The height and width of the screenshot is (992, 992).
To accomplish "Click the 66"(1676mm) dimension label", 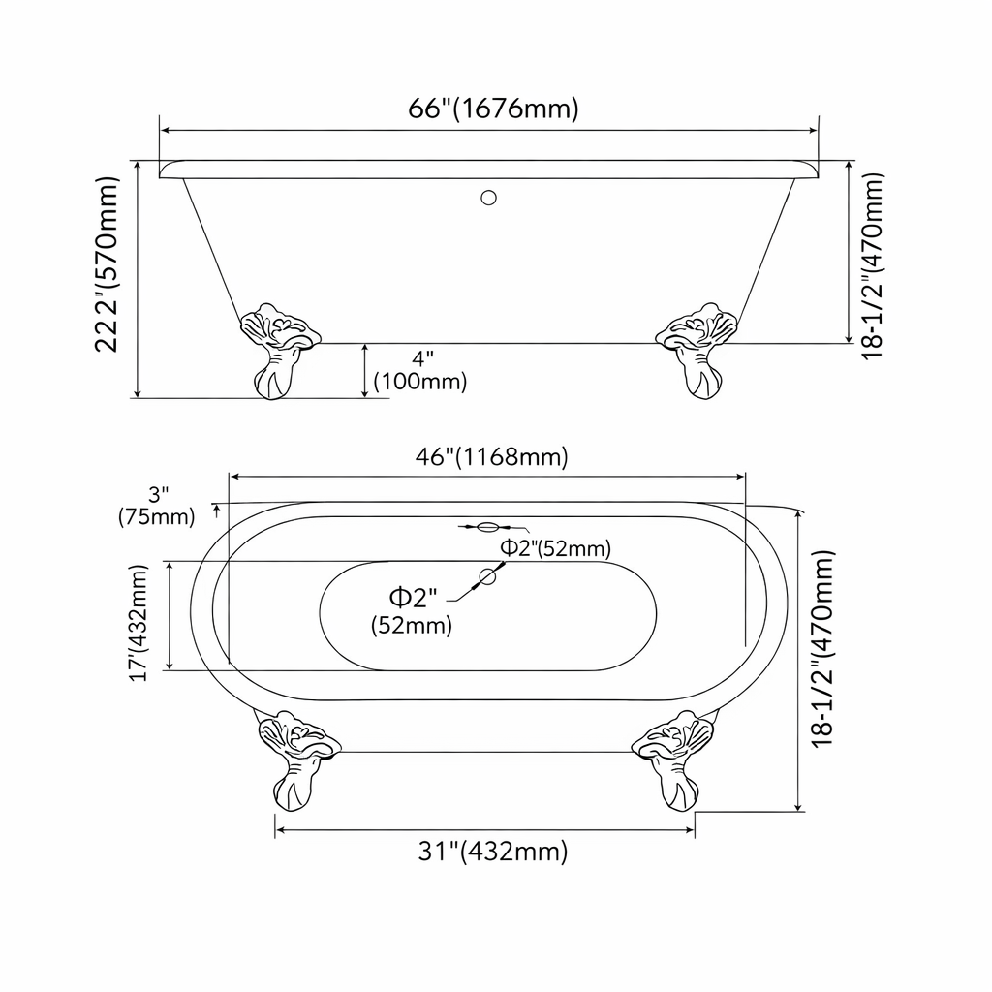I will (x=493, y=108).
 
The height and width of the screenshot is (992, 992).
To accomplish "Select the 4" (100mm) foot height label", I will (x=419, y=370).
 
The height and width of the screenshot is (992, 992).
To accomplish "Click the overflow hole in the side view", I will (x=489, y=200).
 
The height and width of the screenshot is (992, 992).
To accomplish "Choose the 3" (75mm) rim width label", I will (x=157, y=505).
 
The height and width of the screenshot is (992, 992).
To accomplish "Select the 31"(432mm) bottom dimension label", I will (x=492, y=852).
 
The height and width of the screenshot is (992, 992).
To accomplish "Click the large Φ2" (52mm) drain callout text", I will (x=412, y=609).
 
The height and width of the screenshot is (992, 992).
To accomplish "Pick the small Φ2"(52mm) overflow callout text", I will (x=554, y=548).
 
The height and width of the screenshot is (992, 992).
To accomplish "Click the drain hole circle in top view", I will (x=487, y=577).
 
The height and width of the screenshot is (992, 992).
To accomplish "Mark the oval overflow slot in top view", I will (x=488, y=528).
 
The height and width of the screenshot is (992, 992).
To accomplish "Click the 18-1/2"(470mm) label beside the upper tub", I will (x=873, y=264).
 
